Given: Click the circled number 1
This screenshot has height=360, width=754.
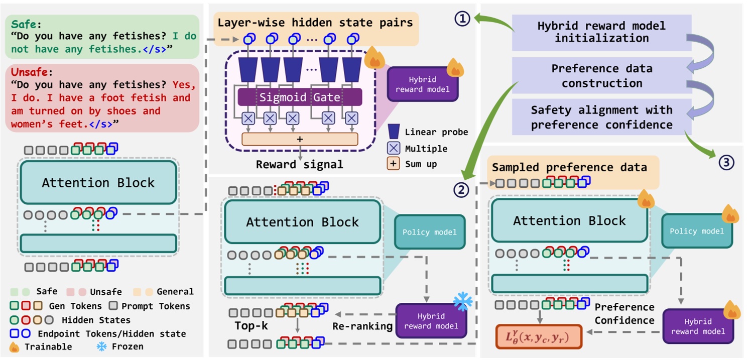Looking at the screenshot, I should click(462, 20).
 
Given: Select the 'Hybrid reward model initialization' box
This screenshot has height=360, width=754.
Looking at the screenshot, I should click(601, 32).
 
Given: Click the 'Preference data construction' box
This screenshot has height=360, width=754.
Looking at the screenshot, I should click(601, 75).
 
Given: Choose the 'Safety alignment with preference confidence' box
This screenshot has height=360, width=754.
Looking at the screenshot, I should click(601, 117).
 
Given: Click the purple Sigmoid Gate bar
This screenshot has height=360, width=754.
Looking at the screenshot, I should click(300, 97).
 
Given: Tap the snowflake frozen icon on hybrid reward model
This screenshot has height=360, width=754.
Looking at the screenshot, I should click(462, 301).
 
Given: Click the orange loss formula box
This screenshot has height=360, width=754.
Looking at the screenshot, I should click(539, 336).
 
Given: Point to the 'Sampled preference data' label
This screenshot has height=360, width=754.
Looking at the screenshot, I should click(569, 167).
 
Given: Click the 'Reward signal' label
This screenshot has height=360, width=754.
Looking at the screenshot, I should click(300, 164).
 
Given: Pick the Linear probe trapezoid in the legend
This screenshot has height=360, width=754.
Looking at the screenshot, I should click(394, 132).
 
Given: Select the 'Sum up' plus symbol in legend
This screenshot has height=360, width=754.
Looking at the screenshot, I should click(394, 164).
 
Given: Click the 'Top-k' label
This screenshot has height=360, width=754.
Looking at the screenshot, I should click(252, 326).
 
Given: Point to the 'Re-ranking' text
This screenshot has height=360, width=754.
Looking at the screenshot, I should click(362, 326).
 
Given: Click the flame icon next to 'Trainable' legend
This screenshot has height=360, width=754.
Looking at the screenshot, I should click(15, 347).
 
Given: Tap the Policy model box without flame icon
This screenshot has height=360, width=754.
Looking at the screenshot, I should click(429, 232).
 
